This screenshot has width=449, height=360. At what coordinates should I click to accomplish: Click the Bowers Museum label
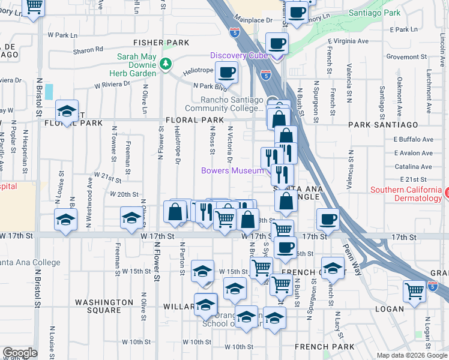tap(232, 171)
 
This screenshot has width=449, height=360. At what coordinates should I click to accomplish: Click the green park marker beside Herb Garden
tap(165, 63)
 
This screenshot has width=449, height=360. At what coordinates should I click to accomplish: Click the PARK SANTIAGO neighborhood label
tap(382, 124)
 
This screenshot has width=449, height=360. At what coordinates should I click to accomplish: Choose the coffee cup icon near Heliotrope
tap(226, 73)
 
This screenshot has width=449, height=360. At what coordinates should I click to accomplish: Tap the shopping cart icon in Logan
tap(414, 292)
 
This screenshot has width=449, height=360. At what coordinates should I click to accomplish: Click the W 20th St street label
tap(124, 194)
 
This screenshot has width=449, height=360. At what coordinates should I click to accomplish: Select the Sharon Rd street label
tap(88, 50)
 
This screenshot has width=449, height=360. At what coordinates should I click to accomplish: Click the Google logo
tap(20, 353)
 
